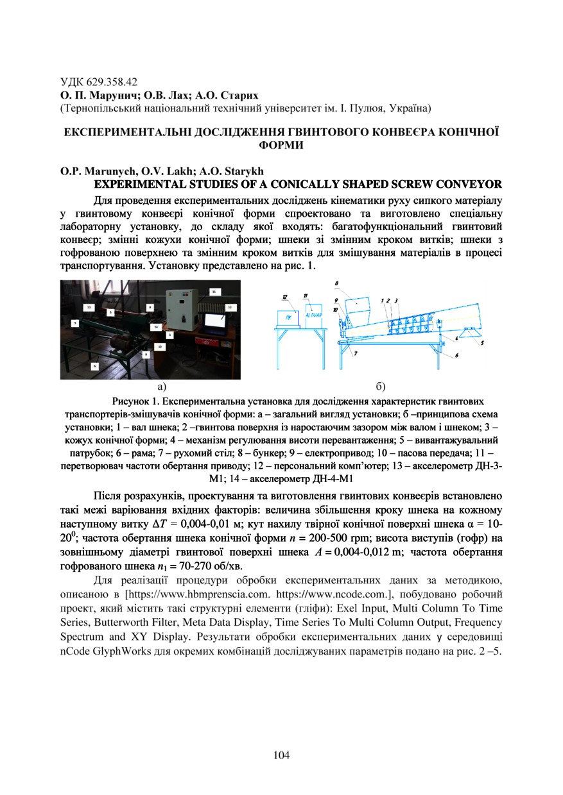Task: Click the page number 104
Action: [x=281, y=755]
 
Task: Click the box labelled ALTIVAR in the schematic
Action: [x=313, y=319]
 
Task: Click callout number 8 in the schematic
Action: [x=337, y=282]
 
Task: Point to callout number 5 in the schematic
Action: [x=481, y=344]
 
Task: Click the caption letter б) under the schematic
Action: [x=381, y=387]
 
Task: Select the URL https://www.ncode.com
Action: [x=332, y=594]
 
